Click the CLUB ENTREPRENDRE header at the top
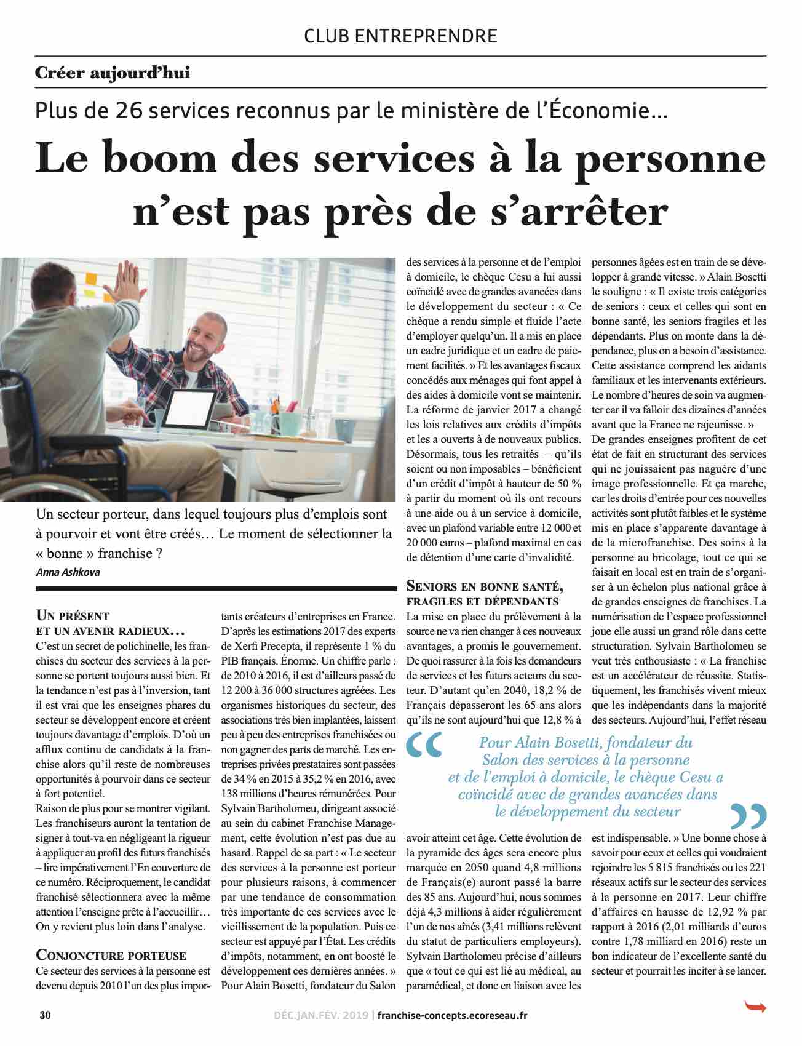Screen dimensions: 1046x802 [400, 36]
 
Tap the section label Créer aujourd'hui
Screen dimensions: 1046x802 [113, 73]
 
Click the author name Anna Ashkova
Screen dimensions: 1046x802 [68, 572]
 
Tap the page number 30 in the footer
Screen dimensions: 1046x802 [45, 1015]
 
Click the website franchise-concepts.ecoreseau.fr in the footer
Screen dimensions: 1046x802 [452, 1015]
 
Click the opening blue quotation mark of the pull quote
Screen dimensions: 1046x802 [424, 745]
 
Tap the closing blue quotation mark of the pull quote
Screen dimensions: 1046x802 [748, 816]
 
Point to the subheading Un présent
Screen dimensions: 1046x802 [73, 615]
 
